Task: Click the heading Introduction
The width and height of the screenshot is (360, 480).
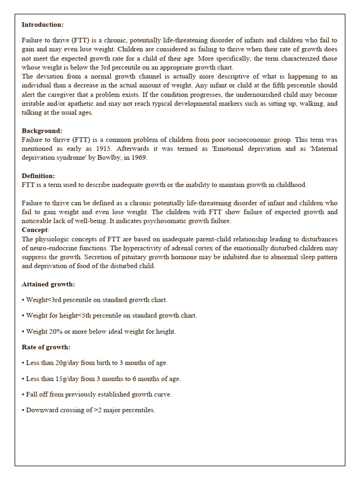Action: click(42, 24)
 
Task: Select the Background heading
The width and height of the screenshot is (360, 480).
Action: click(42, 131)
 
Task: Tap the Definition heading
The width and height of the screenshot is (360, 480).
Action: click(38, 176)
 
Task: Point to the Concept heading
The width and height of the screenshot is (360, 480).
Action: click(35, 230)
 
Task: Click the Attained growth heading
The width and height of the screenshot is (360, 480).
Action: click(48, 284)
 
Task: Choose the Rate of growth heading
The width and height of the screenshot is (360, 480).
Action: click(46, 347)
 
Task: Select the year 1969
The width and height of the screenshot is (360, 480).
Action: click(138, 157)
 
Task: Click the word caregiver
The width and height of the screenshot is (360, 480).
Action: click(62, 94)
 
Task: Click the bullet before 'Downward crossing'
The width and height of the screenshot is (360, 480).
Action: click(23, 410)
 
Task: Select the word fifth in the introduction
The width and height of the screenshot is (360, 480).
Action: click(282, 85)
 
